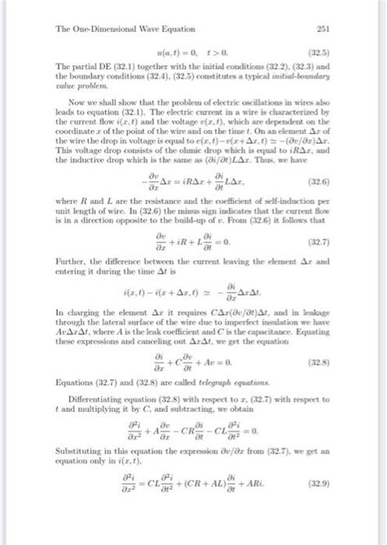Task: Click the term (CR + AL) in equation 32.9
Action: (214, 512)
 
